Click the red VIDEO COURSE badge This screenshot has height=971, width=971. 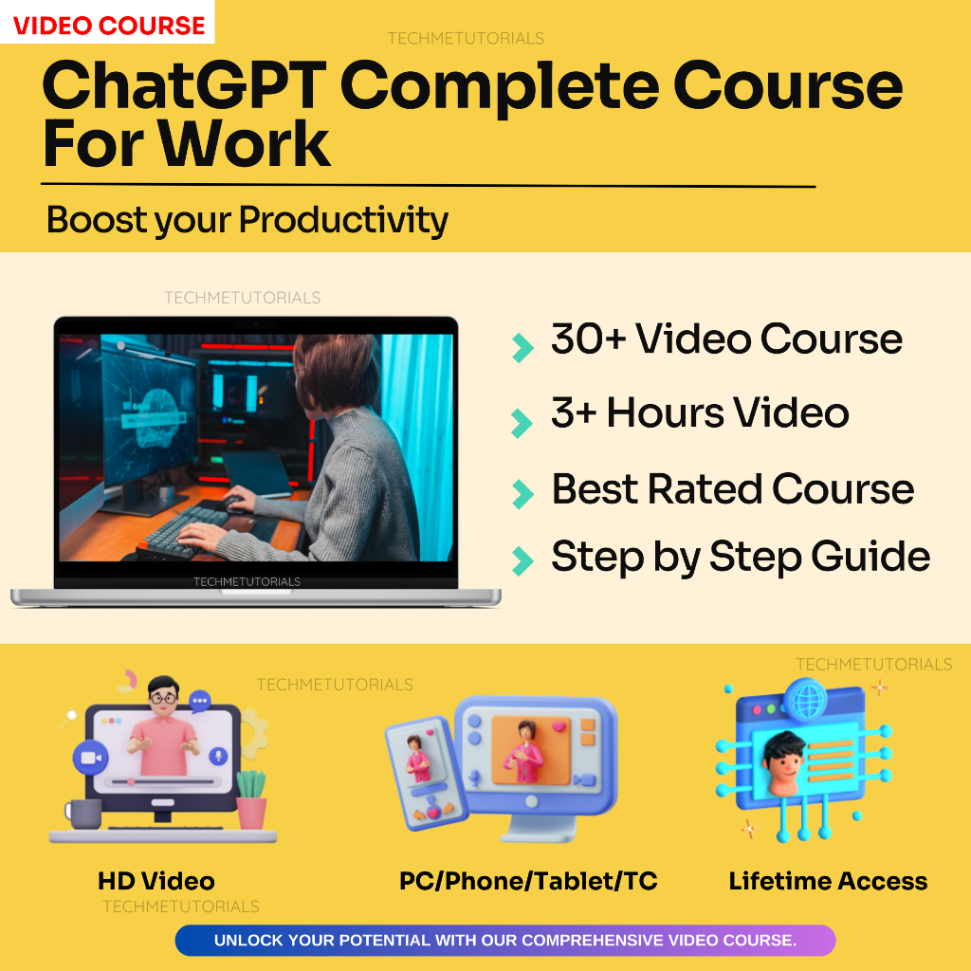click(108, 24)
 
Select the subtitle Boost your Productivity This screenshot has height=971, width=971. click(247, 220)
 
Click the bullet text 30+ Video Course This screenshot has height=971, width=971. click(726, 339)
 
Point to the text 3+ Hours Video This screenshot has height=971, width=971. click(700, 413)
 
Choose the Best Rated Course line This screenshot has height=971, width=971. click(732, 489)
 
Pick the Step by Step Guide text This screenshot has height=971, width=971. click(740, 557)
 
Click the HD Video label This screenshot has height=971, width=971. click(156, 881)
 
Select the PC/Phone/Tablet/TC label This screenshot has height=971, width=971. click(528, 881)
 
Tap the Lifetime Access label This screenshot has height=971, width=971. click(828, 881)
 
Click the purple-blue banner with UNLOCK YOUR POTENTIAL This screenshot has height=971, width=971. click(504, 941)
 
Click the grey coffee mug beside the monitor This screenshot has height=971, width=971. click(83, 813)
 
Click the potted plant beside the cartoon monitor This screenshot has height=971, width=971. click(250, 798)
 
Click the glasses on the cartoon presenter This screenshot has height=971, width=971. click(163, 697)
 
